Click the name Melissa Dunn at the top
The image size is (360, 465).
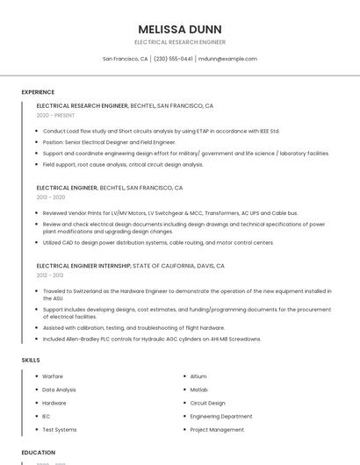(180, 29)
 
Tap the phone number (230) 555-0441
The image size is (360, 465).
(173, 59)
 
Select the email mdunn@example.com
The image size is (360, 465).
(227, 59)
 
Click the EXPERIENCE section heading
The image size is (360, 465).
(38, 92)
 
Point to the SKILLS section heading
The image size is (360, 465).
(31, 360)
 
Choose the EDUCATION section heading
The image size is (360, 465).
(39, 453)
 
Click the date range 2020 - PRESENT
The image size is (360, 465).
(56, 116)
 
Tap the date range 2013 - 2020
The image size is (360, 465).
(51, 197)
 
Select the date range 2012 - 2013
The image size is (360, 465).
(51, 275)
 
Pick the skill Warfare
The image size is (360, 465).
(53, 376)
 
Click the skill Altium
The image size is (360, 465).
(198, 376)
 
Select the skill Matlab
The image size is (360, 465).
(198, 390)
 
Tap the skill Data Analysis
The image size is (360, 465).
(59, 390)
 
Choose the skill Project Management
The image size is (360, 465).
(217, 430)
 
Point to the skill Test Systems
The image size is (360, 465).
(60, 430)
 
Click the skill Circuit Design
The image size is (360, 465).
(208, 403)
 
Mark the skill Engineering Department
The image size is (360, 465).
(221, 416)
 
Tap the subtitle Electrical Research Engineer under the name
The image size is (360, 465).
(180, 42)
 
